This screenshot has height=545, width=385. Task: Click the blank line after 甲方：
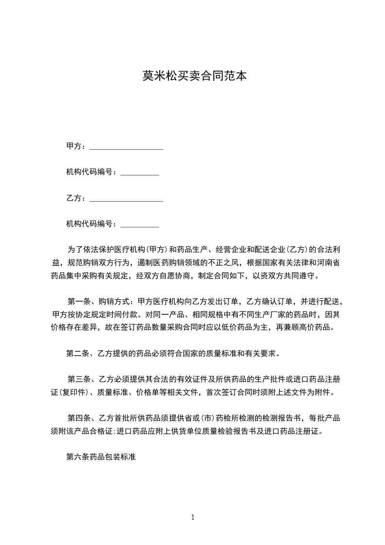click(x=126, y=146)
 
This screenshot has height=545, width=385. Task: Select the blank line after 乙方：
click(x=126, y=199)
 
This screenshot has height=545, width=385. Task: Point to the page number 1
click(x=193, y=517)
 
